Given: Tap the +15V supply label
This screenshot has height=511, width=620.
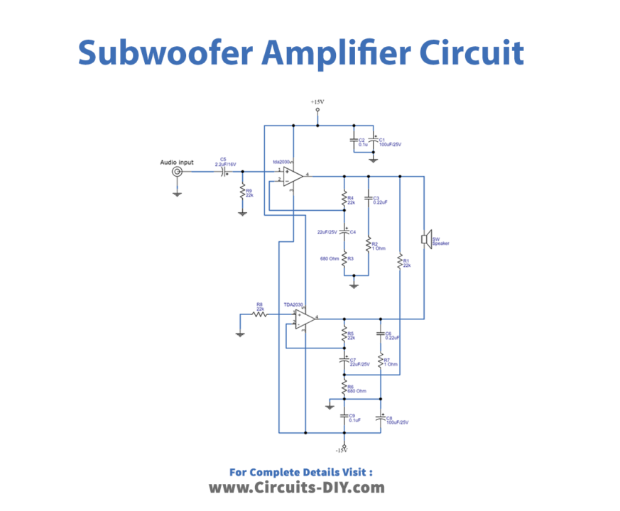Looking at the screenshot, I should pos(317,102).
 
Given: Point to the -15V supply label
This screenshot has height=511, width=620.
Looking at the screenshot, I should pos(342,449).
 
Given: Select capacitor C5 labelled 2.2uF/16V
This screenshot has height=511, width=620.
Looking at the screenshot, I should pos(224,172).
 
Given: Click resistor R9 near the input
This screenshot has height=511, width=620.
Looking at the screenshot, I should pos(242,192).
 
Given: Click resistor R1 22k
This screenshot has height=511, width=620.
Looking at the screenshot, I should pos(400,262).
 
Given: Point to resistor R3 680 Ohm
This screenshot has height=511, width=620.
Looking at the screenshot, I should pos(344,260).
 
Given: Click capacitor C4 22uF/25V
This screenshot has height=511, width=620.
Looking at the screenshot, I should pos(344,231).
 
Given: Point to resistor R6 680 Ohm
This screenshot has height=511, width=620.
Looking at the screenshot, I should pos(344,389).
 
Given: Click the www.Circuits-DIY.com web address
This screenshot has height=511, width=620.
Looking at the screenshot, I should pos(296,488).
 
